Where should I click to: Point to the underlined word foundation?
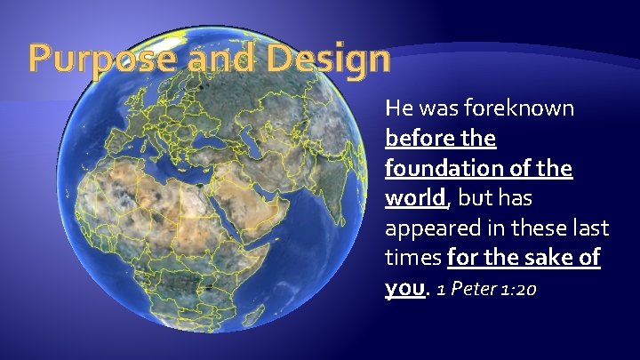pyautogui.click(x=449, y=168)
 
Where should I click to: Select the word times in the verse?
pyautogui.click(x=412, y=258)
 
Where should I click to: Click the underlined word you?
pyautogui.click(x=404, y=289)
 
